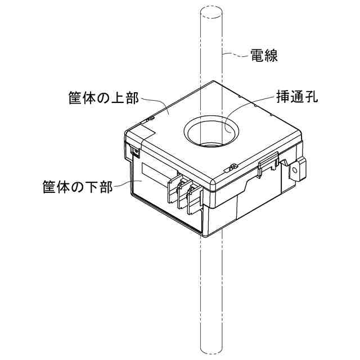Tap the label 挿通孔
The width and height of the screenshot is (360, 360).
click(298, 96)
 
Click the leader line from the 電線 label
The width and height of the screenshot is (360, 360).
click(236, 55)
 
